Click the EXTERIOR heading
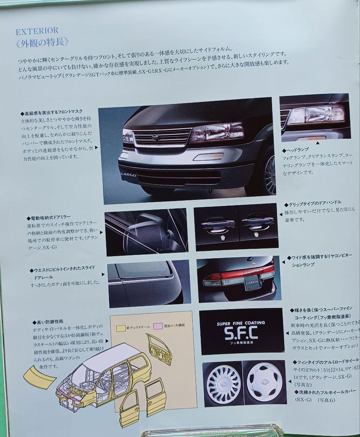coord(37,30)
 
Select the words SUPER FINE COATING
coord(241,323)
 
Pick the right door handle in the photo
coord(256,222)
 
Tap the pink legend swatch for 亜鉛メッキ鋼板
coord(158,325)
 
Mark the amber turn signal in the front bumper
coord(207,156)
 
